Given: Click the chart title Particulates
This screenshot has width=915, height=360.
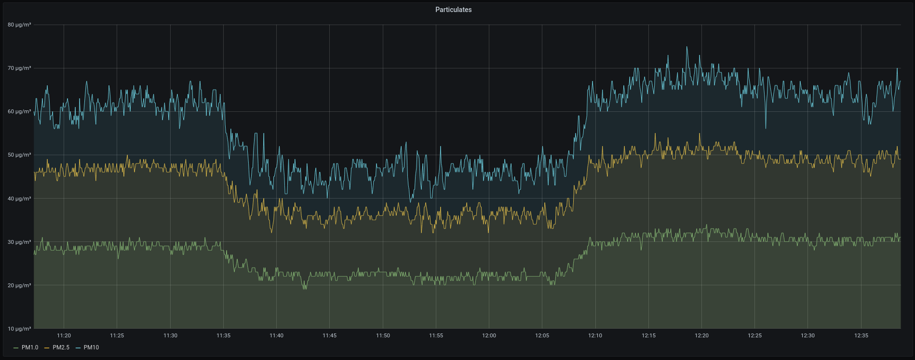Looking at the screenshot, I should (453, 10).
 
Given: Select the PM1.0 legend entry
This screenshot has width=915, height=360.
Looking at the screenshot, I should (29, 347).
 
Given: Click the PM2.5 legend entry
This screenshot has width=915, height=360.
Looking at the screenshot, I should (61, 347).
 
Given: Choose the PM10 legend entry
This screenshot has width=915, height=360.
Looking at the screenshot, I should (91, 347).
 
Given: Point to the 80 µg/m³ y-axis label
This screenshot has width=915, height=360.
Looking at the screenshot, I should (19, 25).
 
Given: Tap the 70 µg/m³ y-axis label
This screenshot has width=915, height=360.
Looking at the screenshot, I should (19, 68).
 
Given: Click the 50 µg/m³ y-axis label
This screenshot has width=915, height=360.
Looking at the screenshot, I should (19, 155).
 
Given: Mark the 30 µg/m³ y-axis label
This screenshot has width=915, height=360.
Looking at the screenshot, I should (19, 242).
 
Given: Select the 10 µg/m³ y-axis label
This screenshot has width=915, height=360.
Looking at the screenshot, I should (19, 329).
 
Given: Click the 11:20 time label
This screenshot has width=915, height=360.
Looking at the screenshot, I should (64, 335).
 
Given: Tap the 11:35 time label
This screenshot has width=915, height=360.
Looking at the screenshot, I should (223, 335).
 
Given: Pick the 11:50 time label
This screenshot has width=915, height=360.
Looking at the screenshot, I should (383, 335).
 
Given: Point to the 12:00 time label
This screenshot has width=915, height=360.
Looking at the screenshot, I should (489, 335).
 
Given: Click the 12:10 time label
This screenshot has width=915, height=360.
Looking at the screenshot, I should (595, 335).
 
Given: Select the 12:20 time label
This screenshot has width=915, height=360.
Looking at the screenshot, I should (701, 335).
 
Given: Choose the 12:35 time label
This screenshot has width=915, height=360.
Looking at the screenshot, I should (861, 335).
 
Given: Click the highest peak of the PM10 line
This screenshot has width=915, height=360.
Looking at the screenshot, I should (687, 47).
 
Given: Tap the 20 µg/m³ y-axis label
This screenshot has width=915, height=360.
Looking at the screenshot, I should (19, 285).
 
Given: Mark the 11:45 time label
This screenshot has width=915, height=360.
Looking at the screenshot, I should (329, 335).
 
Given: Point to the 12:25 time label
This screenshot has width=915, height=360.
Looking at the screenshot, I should (754, 335).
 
